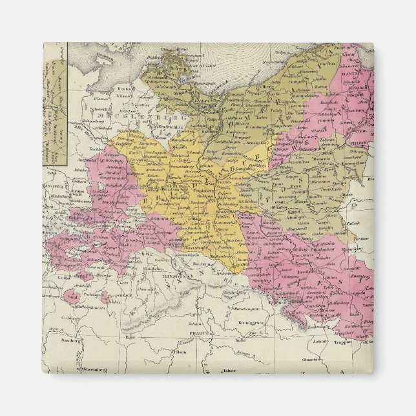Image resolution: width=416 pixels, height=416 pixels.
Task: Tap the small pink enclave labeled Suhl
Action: (81, 297)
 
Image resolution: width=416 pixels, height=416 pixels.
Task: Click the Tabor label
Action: (226, 371)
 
